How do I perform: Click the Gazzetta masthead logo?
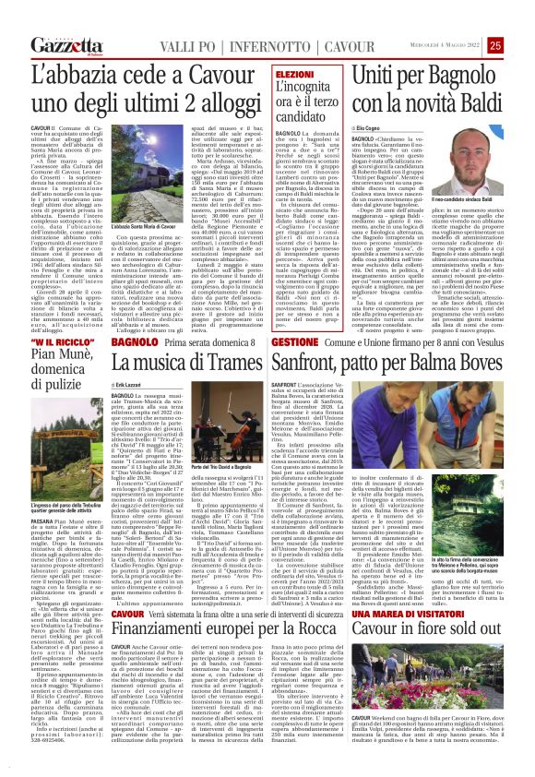tap(66, 45)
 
